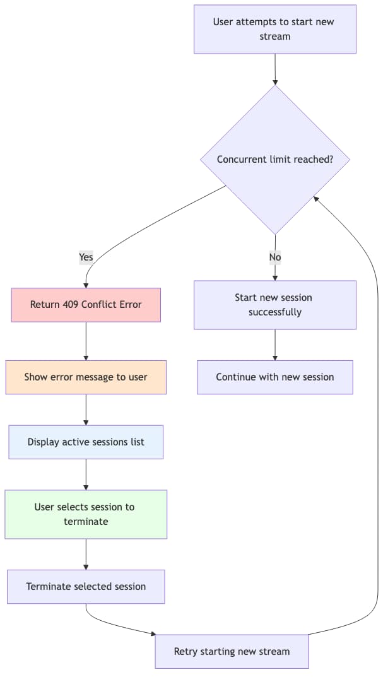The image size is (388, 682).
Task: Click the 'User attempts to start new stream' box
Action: [275, 29]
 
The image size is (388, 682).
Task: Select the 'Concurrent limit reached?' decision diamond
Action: [275, 160]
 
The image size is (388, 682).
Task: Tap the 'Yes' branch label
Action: [86, 257]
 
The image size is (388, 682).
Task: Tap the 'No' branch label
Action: [275, 257]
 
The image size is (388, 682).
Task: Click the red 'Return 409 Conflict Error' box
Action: [86, 305]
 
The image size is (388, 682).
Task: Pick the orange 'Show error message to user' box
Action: [86, 377]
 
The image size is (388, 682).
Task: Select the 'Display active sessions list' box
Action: [86, 442]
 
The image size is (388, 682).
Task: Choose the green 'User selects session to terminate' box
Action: [86, 514]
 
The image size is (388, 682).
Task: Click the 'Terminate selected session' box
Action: [86, 587]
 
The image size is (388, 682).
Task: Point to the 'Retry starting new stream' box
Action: [232, 652]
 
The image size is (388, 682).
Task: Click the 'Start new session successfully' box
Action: [275, 305]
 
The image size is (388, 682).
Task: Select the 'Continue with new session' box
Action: [275, 377]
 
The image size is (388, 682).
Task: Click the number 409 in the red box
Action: [71, 305]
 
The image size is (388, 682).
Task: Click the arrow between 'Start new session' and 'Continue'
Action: [275, 344]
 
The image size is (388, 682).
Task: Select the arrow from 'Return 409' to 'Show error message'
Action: [86, 341]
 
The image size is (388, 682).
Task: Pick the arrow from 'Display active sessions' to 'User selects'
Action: [86, 474]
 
